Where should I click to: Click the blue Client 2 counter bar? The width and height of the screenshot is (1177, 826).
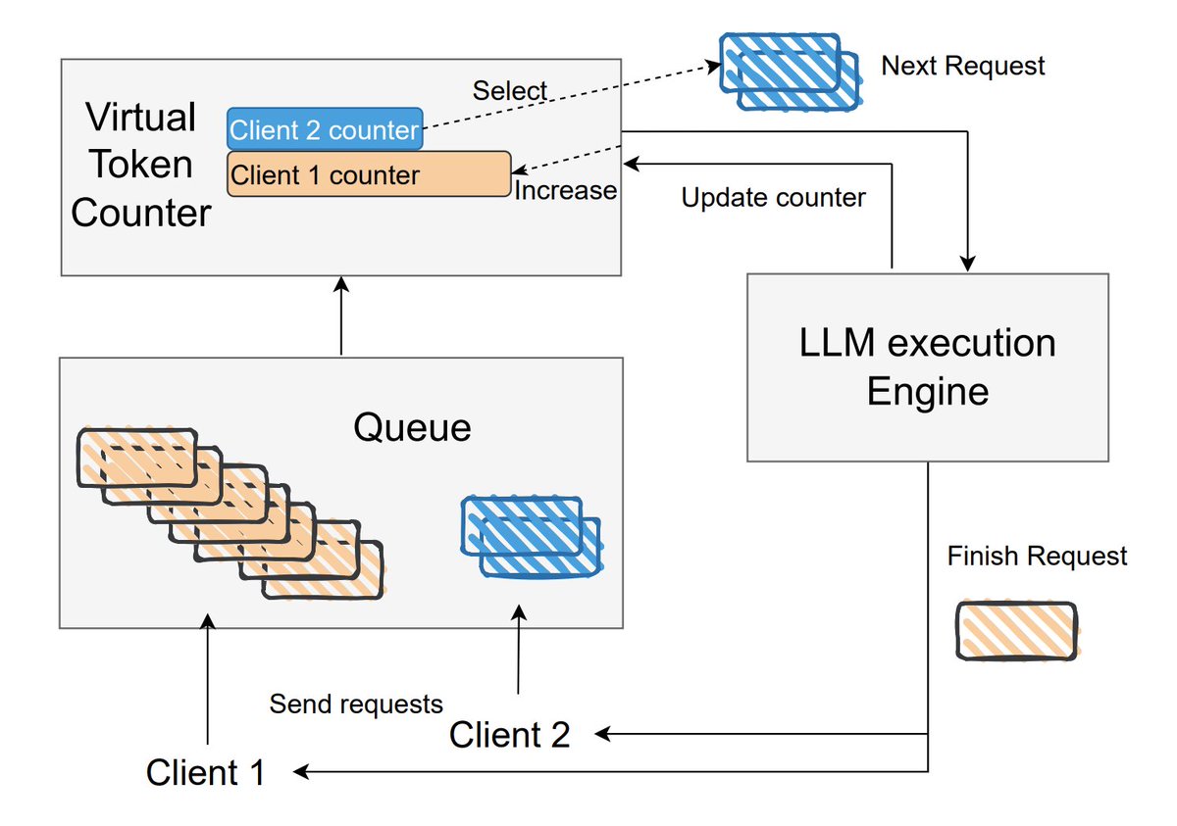[325, 129]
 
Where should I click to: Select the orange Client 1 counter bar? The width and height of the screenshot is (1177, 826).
[369, 174]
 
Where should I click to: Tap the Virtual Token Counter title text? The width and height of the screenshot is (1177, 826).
[141, 165]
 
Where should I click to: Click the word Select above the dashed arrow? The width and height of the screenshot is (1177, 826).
[509, 91]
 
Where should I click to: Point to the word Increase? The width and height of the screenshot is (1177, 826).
[566, 190]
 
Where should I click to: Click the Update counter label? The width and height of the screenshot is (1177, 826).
[773, 198]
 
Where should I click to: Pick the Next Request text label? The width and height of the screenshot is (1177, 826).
[963, 66]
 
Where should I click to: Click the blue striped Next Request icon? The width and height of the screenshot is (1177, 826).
[791, 70]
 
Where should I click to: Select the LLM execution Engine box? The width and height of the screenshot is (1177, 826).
[928, 367]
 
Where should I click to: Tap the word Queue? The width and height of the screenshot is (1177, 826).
[412, 428]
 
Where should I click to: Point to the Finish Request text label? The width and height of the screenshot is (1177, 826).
[1037, 557]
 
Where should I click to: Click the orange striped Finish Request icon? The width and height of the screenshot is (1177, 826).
[1016, 630]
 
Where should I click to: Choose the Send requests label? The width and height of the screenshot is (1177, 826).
[356, 704]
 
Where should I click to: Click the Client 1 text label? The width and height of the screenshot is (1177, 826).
[206, 772]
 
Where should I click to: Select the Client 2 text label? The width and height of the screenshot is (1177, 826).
[509, 734]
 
